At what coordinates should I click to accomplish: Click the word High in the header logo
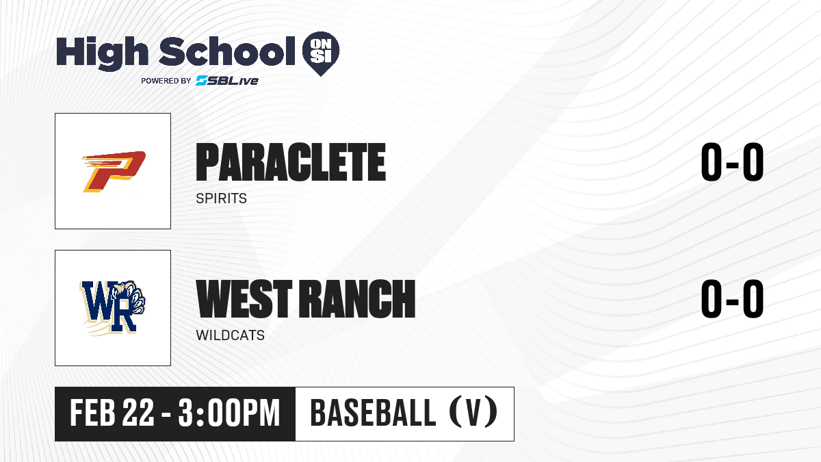pyautogui.click(x=102, y=53)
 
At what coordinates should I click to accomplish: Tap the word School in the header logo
pyautogui.click(x=227, y=51)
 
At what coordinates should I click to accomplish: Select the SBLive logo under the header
pyautogui.click(x=227, y=81)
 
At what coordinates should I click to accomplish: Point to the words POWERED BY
pyautogui.click(x=166, y=81)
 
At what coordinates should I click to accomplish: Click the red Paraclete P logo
pyautogui.click(x=114, y=171)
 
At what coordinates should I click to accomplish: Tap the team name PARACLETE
pyautogui.click(x=291, y=162)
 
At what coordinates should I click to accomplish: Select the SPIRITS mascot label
pyautogui.click(x=222, y=198)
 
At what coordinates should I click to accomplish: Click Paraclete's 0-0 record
pyautogui.click(x=732, y=162)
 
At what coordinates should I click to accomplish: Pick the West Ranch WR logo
pyautogui.click(x=113, y=308)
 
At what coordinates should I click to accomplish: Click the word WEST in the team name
pyautogui.click(x=244, y=298)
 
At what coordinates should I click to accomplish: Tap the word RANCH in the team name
pyautogui.click(x=357, y=298)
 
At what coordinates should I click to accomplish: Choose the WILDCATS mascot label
pyautogui.click(x=230, y=335)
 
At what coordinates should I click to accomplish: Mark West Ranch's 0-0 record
pyautogui.click(x=732, y=298)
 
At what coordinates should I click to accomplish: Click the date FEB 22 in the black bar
pyautogui.click(x=112, y=413)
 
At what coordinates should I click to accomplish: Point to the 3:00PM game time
pyautogui.click(x=229, y=413)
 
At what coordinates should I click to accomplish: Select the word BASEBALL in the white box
pyautogui.click(x=373, y=413)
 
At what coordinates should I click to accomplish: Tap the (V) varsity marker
pyautogui.click(x=473, y=413)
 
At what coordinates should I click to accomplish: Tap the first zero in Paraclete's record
pyautogui.click(x=712, y=162)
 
